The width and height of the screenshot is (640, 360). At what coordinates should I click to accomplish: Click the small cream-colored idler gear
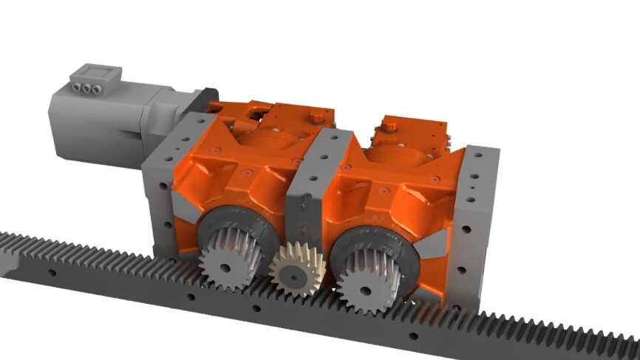[297, 268]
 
